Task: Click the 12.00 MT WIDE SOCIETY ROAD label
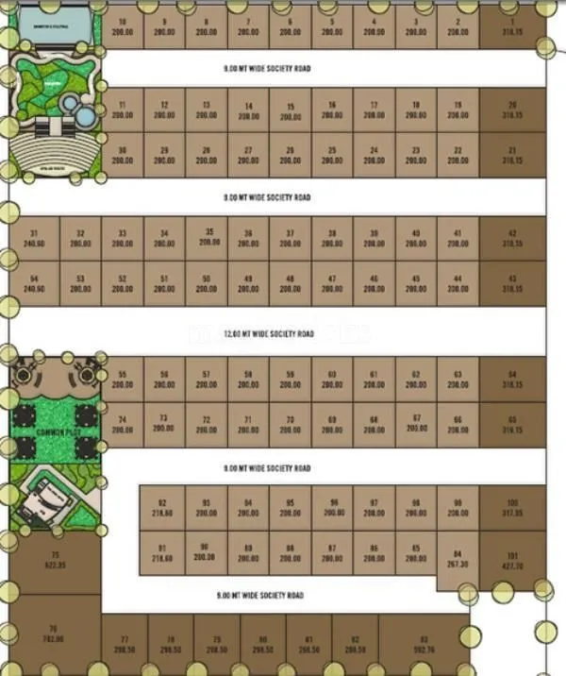click(268, 333)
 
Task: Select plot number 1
click(513, 27)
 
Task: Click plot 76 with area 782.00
click(53, 634)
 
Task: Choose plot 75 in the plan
click(55, 559)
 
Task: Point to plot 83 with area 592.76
click(424, 644)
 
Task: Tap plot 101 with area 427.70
click(513, 561)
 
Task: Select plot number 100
click(513, 508)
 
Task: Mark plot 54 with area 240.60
click(34, 283)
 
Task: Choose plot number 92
click(162, 508)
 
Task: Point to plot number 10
click(123, 27)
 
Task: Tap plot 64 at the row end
click(513, 380)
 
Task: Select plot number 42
click(513, 238)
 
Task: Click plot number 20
click(513, 110)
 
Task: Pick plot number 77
click(124, 645)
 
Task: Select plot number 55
click(123, 380)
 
